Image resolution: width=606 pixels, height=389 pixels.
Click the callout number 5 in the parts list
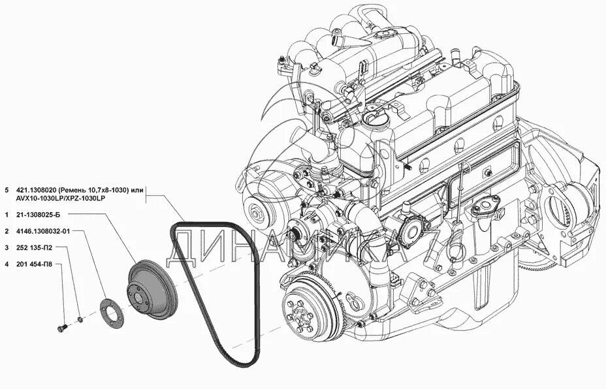pyautogui.click(x=6, y=190)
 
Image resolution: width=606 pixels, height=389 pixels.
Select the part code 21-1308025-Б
pyautogui.click(x=44, y=215)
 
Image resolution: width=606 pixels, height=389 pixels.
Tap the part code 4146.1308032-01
pyautogui.click(x=48, y=231)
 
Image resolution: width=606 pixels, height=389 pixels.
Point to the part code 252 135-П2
pyautogui.click(x=37, y=248)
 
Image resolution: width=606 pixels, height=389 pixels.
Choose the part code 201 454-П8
pyautogui.click(x=37, y=264)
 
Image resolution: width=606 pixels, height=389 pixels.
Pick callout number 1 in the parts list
pyautogui.click(x=6, y=215)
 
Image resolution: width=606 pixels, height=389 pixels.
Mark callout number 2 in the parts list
pyautogui.click(x=6, y=231)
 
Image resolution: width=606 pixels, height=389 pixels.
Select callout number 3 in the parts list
pyautogui.click(x=6, y=248)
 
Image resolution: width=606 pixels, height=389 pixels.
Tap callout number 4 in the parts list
pyautogui.click(x=6, y=264)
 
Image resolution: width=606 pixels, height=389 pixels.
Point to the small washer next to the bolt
pyautogui.click(x=79, y=319)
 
